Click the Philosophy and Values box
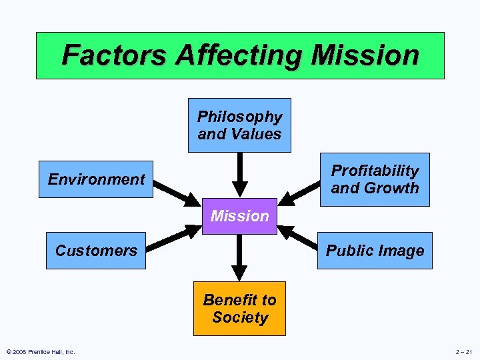(239, 125)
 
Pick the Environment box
(96, 179)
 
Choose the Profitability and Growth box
(375, 179)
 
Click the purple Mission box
(239, 216)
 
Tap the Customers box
(96, 251)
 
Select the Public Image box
(375, 251)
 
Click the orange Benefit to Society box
(239, 309)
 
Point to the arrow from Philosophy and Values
(239, 175)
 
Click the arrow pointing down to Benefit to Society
(239, 257)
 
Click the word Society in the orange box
(240, 318)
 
